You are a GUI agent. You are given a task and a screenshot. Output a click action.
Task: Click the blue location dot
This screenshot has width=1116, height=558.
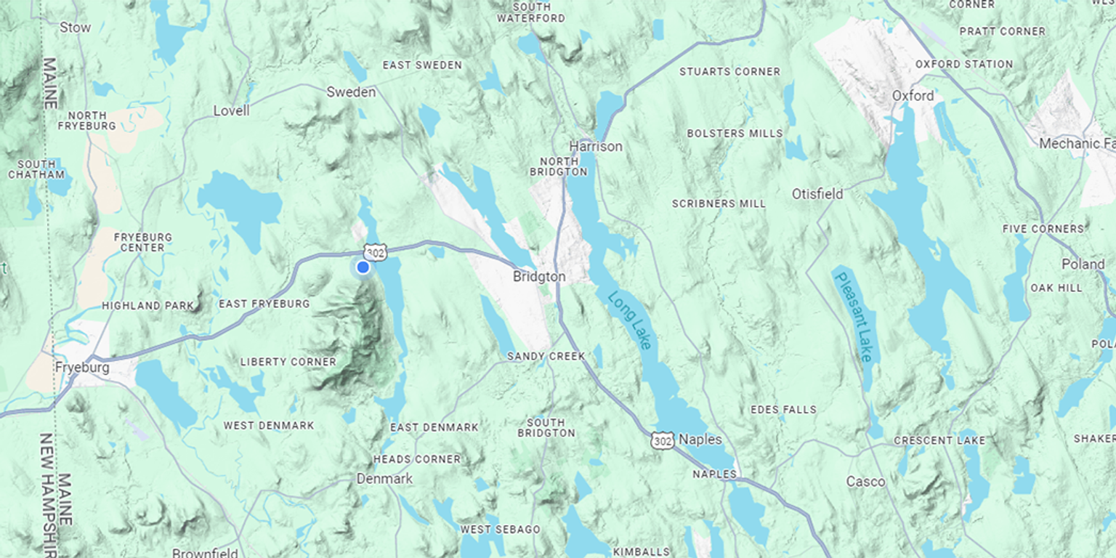tap(363, 267)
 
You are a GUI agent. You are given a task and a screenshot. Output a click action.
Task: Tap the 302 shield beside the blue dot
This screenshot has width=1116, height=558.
tap(375, 252)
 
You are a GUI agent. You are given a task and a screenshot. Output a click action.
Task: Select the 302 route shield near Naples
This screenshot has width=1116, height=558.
tap(662, 440)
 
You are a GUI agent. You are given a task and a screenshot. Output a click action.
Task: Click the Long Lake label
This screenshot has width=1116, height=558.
tap(630, 320)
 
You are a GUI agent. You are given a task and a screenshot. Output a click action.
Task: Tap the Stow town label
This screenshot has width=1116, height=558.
tap(75, 28)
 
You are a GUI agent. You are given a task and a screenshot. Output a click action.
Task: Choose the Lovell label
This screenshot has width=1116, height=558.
tap(231, 110)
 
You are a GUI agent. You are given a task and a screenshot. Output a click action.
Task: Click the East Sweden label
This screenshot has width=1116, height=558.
tap(422, 65)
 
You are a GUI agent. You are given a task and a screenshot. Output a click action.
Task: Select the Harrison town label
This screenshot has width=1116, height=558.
tap(596, 146)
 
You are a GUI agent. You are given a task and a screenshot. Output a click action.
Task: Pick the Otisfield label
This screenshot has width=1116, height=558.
tap(817, 194)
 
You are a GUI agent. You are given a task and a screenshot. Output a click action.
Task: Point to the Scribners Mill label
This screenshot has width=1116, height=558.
tap(719, 203)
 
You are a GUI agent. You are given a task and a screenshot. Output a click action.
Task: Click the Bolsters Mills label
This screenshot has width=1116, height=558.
tap(735, 134)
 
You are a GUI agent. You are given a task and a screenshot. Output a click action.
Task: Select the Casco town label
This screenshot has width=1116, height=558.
tap(865, 482)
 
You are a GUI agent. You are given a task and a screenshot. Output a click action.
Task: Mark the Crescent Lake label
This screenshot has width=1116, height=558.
tap(939, 440)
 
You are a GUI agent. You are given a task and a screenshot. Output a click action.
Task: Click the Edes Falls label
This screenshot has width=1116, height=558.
tap(783, 410)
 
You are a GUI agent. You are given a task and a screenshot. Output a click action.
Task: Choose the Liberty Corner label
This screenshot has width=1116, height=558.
tap(288, 362)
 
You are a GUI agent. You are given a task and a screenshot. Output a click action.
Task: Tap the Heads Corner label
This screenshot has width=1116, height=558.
tap(417, 459)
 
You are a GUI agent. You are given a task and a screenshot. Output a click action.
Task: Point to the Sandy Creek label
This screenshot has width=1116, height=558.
tap(546, 356)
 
